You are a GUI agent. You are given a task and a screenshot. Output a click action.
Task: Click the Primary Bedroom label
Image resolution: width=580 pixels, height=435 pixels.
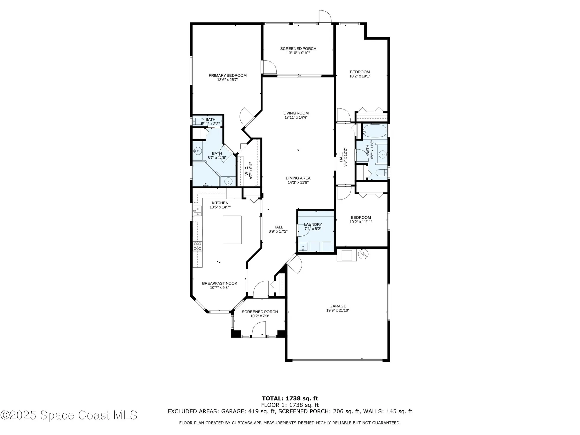coord(228,75)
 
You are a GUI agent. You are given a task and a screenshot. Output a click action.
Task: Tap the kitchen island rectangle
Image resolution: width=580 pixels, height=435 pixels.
coord(232,230)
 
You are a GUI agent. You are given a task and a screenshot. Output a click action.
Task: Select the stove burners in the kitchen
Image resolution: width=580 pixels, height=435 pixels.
coord(198,246)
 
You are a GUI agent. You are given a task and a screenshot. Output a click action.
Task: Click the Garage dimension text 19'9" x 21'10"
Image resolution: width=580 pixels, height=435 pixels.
coord(338,310)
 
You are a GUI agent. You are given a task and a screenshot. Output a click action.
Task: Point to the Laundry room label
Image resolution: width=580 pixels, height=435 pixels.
coord(313,224)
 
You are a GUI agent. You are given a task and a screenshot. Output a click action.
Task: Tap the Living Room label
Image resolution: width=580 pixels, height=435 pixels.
coord(296,113)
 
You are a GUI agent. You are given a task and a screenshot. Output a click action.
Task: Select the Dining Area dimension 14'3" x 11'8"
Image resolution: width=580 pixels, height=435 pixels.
coord(298,182)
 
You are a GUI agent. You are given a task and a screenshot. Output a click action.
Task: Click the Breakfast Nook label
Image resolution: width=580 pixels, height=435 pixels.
coord(220,283)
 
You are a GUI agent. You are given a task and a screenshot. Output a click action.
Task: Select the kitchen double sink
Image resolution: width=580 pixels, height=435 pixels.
coord(198,211)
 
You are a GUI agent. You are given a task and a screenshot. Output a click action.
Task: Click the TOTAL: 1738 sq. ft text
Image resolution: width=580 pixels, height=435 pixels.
coord(290,398)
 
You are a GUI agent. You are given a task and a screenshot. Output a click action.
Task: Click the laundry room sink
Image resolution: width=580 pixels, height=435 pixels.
coord(303,247)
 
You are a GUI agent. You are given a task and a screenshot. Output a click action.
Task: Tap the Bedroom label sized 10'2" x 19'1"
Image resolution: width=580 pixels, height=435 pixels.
coord(360,72)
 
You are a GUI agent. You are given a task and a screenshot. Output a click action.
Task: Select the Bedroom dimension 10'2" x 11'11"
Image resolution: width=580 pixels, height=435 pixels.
coord(361,222)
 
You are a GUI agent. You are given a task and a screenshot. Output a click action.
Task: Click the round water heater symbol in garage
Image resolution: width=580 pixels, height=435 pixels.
coord(363,254)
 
